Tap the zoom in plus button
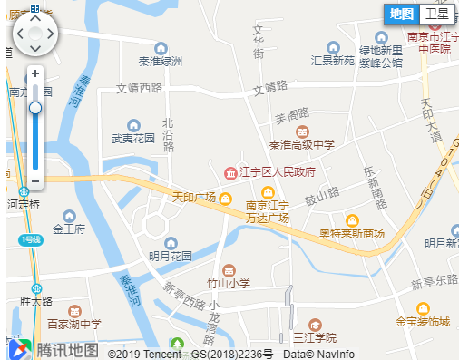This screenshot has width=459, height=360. (x=35, y=73)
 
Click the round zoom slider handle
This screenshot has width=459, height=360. (x=35, y=108)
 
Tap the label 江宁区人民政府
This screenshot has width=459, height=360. (x=277, y=171)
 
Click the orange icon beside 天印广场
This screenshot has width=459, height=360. (x=224, y=199)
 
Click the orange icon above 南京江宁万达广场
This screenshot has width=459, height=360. (x=267, y=192)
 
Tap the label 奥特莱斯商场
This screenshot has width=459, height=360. (x=351, y=234)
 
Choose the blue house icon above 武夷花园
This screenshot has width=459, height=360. (x=133, y=125)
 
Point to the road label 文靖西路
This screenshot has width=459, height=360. (x=139, y=89)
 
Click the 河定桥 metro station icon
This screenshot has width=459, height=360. (x=23, y=192)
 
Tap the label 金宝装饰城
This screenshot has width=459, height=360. (x=422, y=321)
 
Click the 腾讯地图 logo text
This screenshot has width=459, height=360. (x=66, y=349)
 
